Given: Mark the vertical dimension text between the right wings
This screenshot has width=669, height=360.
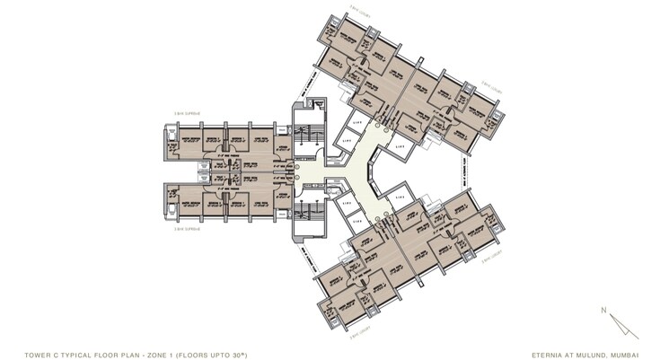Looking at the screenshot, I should [x=465, y=171].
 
